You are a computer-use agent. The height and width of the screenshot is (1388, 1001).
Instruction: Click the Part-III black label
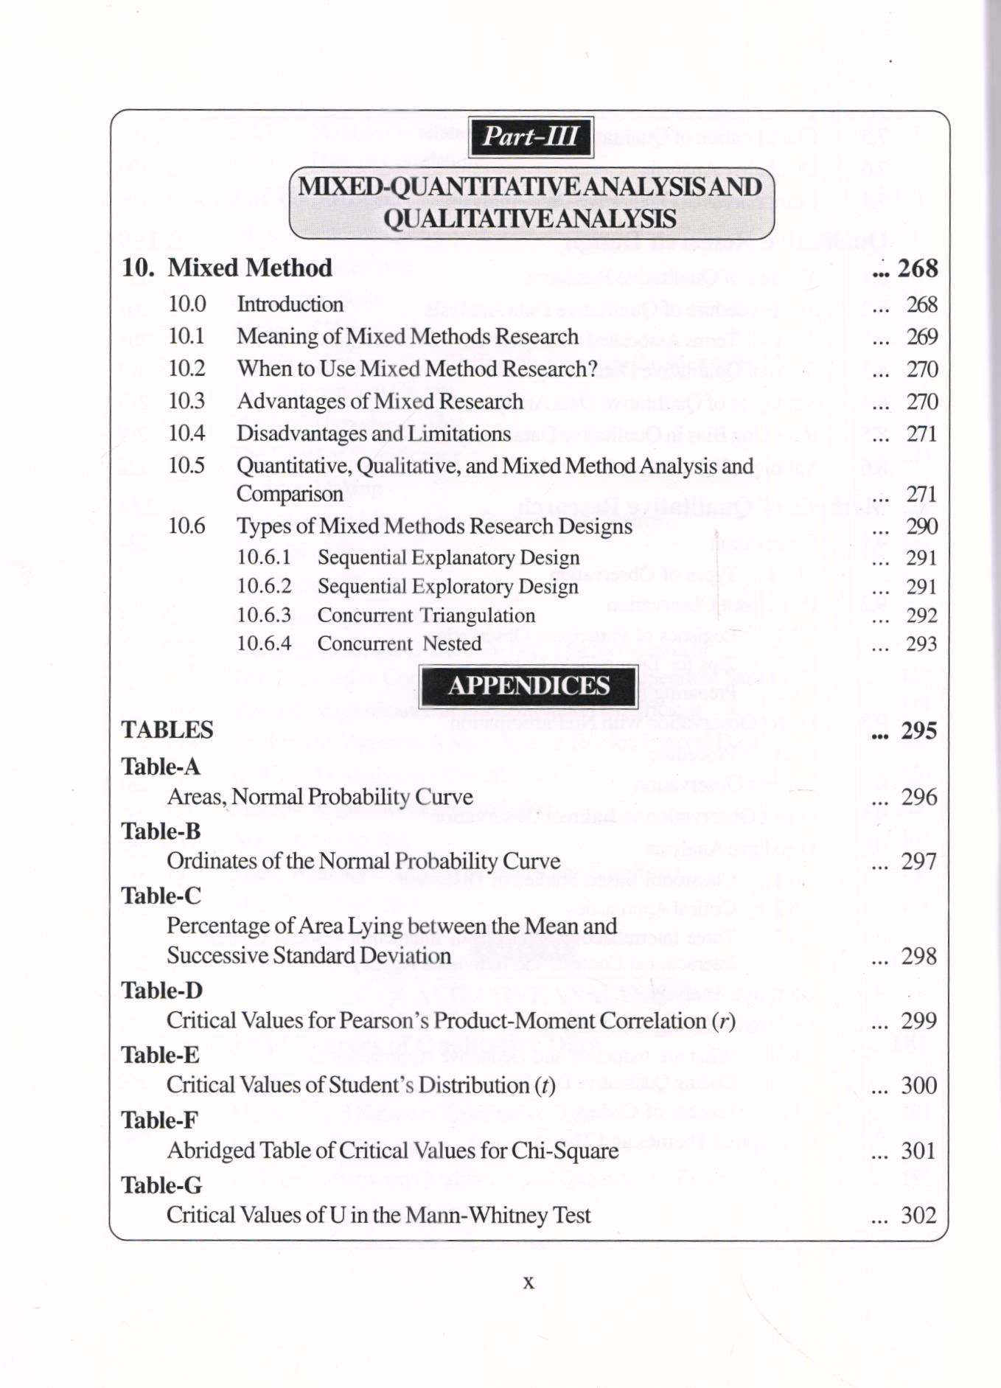531,137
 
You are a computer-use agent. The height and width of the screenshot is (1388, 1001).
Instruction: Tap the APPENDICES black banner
529,686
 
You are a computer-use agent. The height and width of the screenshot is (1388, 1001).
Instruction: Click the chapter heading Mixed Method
250,268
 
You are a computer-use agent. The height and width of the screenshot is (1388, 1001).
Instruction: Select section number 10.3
186,401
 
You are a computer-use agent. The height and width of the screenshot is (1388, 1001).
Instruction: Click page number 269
921,337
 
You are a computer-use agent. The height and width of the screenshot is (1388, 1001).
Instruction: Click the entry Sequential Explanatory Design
448,557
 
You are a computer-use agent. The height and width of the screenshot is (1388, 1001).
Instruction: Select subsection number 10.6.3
264,615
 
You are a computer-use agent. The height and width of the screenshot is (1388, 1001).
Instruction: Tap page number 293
921,644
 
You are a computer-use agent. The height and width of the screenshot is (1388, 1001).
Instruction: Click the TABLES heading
167,730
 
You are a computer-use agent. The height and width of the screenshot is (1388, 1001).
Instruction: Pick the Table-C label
161,896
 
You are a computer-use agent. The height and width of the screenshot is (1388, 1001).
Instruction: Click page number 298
918,956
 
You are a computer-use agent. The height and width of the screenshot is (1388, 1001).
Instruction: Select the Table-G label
161,1185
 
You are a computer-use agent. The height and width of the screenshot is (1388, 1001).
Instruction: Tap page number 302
918,1216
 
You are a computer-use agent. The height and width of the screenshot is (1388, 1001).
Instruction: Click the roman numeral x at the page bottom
529,1283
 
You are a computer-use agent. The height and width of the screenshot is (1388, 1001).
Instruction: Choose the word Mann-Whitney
478,1216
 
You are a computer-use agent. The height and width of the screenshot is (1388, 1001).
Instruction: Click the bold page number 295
918,730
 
